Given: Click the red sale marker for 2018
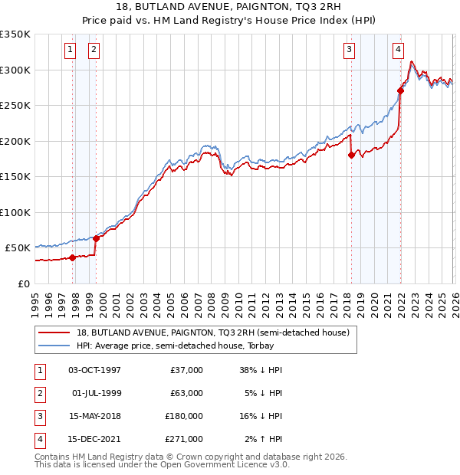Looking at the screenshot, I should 351,155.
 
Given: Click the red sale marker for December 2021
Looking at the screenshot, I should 400,90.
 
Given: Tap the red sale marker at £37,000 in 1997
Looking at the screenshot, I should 73,257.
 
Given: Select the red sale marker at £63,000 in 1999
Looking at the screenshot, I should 97,238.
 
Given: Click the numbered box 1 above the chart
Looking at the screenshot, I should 70,51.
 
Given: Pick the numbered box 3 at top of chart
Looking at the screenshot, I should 349,51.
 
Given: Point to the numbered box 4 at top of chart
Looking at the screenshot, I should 399,51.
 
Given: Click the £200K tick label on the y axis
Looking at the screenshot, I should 15,141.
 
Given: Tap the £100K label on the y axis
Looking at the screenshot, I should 15,212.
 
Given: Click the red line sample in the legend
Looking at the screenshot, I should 54,332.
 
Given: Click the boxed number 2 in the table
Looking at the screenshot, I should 40,393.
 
